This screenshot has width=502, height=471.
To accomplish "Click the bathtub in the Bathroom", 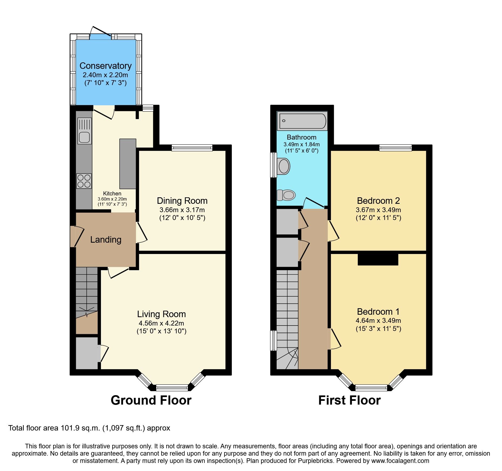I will [x=302, y=121].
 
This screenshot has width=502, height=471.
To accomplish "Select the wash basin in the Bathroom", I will [x=284, y=166].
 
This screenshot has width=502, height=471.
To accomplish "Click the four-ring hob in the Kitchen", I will [x=84, y=181].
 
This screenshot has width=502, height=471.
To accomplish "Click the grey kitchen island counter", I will [x=128, y=164].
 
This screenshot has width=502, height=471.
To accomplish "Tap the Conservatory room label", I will [x=106, y=66].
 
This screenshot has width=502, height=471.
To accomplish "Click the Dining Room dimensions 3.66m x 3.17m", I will [x=182, y=210].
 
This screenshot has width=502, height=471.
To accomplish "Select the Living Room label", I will [x=161, y=314].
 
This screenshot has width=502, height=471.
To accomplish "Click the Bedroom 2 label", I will [x=378, y=201].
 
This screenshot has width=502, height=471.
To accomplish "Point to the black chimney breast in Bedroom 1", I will [x=378, y=259].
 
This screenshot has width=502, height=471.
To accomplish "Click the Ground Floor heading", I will [x=151, y=400].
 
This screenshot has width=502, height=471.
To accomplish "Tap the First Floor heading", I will [x=349, y=400].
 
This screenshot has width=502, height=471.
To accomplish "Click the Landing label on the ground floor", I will [x=106, y=240].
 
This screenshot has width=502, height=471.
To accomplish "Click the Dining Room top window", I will [x=192, y=148].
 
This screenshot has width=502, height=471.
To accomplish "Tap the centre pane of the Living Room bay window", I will [x=172, y=388].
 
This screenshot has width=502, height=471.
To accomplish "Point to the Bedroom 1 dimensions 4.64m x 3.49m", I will [x=378, y=321].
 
